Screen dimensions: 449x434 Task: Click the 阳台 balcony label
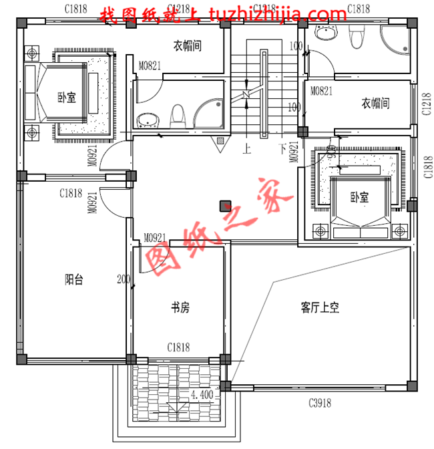[73, 280]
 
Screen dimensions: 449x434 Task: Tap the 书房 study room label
[180, 307]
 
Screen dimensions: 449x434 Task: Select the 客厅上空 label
[320, 307]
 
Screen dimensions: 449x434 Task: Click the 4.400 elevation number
[202, 395]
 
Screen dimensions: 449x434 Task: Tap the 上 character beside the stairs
[248, 147]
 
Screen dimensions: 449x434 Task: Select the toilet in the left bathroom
[178, 116]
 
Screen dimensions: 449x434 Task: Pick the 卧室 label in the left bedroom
[65, 98]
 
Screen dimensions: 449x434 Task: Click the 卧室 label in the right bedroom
[359, 197]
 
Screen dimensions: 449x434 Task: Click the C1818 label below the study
[178, 347]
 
